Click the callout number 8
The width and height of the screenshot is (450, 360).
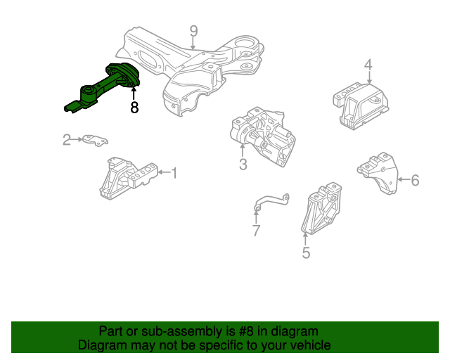(x=134, y=108)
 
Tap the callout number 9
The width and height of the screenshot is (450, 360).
(x=194, y=31)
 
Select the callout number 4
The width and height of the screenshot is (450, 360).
(x=368, y=65)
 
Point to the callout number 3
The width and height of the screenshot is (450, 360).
(x=243, y=165)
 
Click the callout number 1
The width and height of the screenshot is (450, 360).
(x=174, y=173)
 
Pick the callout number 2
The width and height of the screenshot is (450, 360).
(x=67, y=139)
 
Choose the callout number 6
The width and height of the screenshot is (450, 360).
(x=415, y=180)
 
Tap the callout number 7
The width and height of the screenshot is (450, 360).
(x=256, y=230)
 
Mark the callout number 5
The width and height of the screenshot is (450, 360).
(x=306, y=252)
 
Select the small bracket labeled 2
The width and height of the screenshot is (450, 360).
(x=95, y=140)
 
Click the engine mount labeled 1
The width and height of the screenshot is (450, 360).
(x=128, y=178)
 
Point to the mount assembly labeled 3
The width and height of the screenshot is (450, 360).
(x=262, y=136)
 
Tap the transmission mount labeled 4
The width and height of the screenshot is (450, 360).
(x=361, y=105)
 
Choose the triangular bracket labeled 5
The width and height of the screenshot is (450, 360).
(x=321, y=208)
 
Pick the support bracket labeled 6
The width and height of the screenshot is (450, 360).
(x=378, y=174)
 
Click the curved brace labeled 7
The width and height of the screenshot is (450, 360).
(x=271, y=202)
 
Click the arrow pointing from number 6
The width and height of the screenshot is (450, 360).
(x=404, y=180)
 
